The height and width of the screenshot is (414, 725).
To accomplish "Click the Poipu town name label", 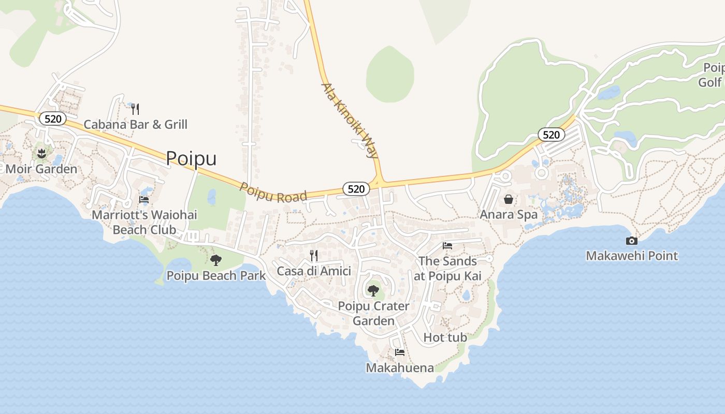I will (191, 158).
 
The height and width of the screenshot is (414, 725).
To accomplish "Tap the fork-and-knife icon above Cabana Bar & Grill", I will (135, 109).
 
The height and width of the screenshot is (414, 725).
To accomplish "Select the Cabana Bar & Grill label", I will (136, 124).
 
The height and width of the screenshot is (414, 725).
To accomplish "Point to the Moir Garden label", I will (41, 169).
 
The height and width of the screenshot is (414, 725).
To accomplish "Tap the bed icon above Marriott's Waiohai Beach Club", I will (144, 199).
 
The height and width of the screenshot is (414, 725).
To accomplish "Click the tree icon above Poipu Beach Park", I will (216, 260).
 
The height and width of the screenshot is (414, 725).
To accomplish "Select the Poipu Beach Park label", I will (216, 275).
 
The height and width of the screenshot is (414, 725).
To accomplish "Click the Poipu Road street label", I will (273, 192).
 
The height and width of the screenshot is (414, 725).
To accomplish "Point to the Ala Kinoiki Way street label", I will (351, 121).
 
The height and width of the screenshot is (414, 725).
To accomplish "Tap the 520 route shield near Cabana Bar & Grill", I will (53, 119).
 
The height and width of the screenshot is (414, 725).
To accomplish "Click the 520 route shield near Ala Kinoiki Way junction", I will (356, 189).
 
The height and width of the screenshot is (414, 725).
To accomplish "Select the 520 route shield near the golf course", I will (552, 135).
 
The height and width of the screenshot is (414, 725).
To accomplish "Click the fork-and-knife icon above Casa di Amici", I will (314, 255).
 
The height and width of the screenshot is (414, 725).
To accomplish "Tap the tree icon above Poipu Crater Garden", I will (373, 290).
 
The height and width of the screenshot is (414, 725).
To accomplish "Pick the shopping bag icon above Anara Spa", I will (509, 199).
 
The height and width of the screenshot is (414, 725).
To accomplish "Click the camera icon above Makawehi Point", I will (632, 241).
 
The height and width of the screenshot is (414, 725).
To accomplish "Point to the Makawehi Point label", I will (632, 256).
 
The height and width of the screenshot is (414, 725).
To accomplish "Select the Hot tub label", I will (445, 337).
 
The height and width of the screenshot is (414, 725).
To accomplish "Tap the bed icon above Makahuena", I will (400, 352).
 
